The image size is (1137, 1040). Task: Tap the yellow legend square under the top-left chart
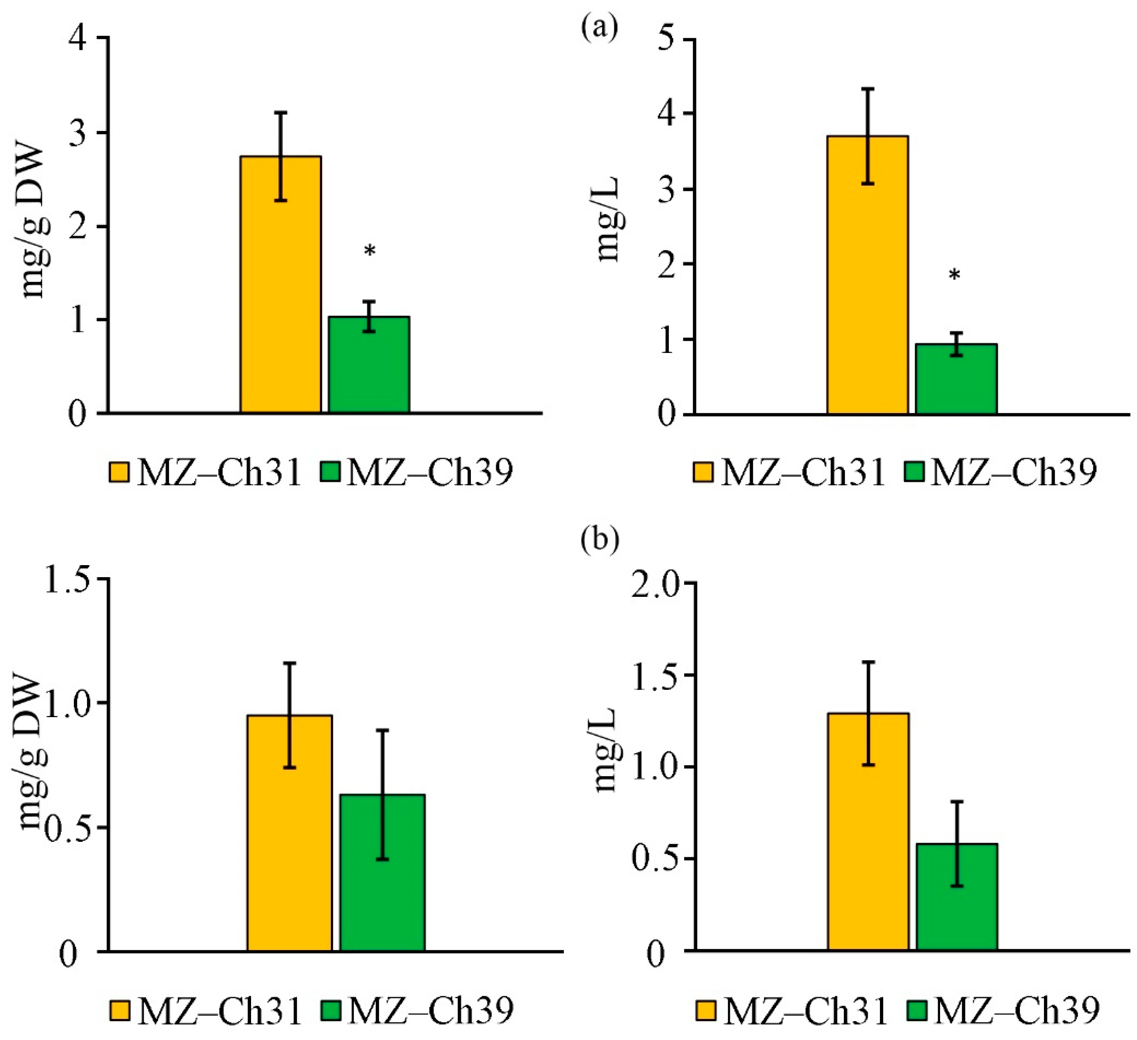tap(119, 472)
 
